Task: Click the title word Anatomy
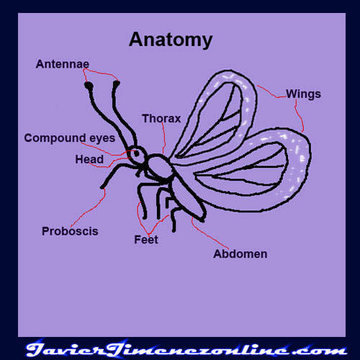point(171,40)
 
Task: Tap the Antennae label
point(63,64)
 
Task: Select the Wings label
point(303,94)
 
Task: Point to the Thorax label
point(161,119)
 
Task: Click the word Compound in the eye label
point(55,138)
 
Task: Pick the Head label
point(89,159)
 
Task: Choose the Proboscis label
point(70,231)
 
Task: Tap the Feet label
point(146,240)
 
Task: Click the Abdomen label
point(240,254)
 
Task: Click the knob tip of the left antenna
point(89,85)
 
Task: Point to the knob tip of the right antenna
point(117,84)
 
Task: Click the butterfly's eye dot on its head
point(137,153)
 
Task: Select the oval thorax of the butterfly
point(159,166)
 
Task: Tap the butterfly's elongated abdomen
point(187,200)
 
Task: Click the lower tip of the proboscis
point(102,187)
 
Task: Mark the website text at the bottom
point(186,348)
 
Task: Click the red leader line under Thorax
point(164,138)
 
